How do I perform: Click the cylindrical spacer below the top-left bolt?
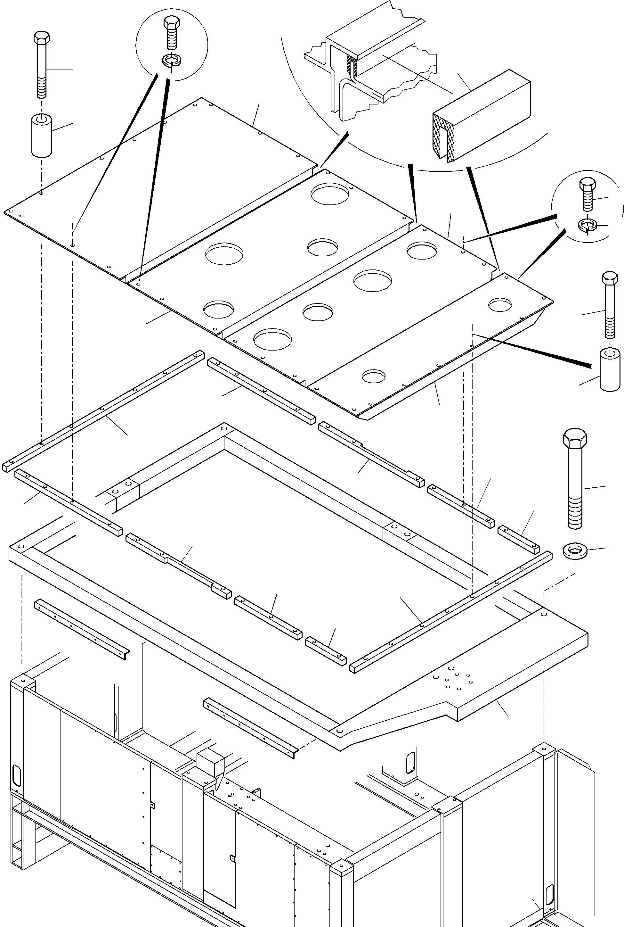42,136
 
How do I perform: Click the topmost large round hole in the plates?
329,194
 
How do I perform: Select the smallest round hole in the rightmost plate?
374,376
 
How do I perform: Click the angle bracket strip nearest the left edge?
82,629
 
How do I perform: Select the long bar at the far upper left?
103,410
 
